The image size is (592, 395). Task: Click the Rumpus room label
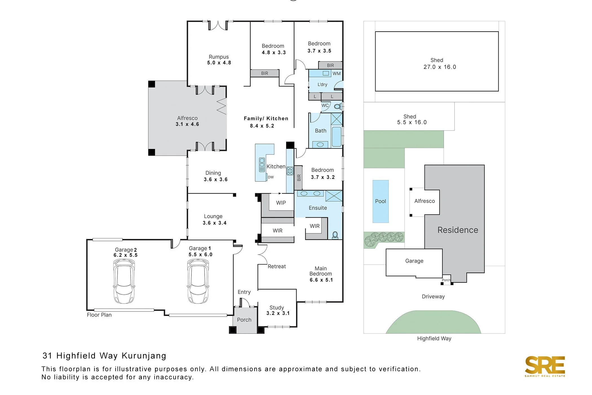click(x=218, y=57)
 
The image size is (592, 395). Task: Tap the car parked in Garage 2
click(x=124, y=281)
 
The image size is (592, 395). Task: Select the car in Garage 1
click(x=198, y=281)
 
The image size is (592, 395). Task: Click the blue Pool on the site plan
click(x=380, y=201)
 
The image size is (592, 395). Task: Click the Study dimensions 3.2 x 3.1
click(x=278, y=313)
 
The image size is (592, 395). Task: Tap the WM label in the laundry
click(x=336, y=74)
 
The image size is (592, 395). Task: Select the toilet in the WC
click(x=338, y=107)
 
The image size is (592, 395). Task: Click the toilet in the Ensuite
click(x=335, y=235)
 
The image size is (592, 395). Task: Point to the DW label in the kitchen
click(x=271, y=177)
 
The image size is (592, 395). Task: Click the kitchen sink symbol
click(x=262, y=165)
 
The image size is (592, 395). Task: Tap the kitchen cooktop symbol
click(x=290, y=171)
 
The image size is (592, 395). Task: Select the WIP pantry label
click(x=281, y=203)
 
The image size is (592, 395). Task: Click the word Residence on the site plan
click(x=458, y=230)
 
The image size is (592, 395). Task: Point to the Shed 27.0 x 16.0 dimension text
click(x=439, y=67)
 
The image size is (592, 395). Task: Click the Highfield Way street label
click(x=434, y=339)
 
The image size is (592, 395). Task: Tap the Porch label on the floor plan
click(x=244, y=320)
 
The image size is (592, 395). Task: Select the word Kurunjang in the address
click(x=144, y=356)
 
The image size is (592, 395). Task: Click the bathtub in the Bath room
click(x=336, y=137)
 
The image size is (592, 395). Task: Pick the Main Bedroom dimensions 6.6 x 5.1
click(x=321, y=280)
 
